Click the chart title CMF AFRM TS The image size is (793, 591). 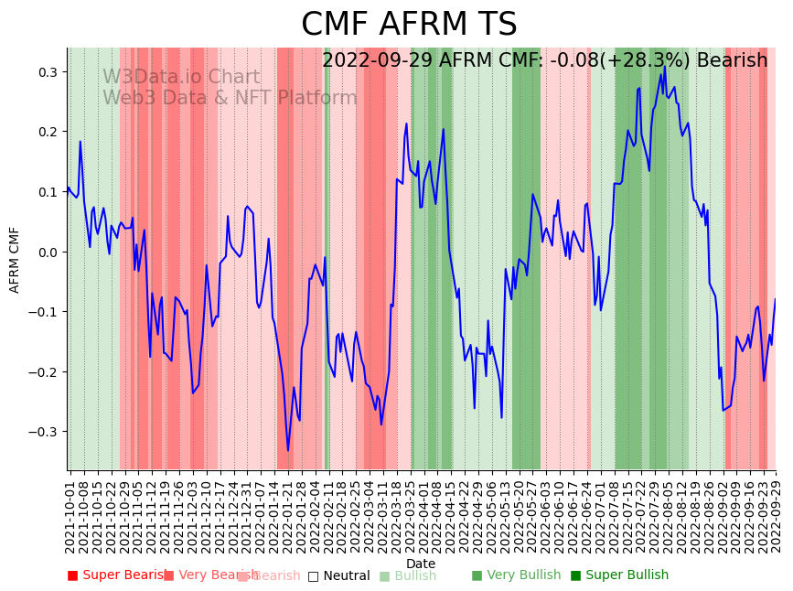point(409,25)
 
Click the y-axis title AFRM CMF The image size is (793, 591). point(15,259)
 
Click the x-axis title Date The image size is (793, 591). point(421,564)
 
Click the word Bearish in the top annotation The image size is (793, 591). point(732,61)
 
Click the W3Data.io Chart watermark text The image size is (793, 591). point(181,78)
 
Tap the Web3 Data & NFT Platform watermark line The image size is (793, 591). point(230,98)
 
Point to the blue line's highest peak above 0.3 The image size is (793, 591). point(665,68)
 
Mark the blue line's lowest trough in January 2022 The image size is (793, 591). point(287,450)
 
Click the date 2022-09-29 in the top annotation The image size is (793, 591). point(377,61)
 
